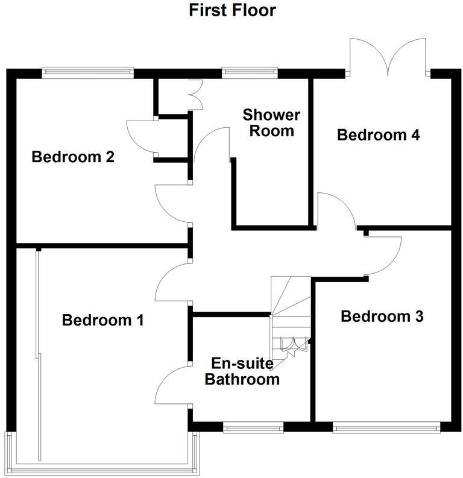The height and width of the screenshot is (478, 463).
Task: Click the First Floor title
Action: [232, 10]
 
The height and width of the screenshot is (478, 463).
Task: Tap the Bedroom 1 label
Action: [102, 320]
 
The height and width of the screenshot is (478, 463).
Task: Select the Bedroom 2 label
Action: [73, 157]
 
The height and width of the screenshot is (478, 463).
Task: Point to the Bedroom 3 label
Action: [382, 316]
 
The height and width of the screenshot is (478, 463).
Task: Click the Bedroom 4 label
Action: [378, 134]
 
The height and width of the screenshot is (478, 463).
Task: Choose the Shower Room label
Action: [271, 122]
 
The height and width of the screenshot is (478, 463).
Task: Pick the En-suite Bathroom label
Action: [242, 371]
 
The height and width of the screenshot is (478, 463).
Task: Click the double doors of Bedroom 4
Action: [389, 57]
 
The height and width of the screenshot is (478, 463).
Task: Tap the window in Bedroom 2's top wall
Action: [88, 72]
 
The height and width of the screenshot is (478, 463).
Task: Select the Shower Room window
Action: [249, 72]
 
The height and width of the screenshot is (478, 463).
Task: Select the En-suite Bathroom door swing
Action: [172, 386]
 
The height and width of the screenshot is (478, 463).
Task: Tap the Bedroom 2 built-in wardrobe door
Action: [140, 137]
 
